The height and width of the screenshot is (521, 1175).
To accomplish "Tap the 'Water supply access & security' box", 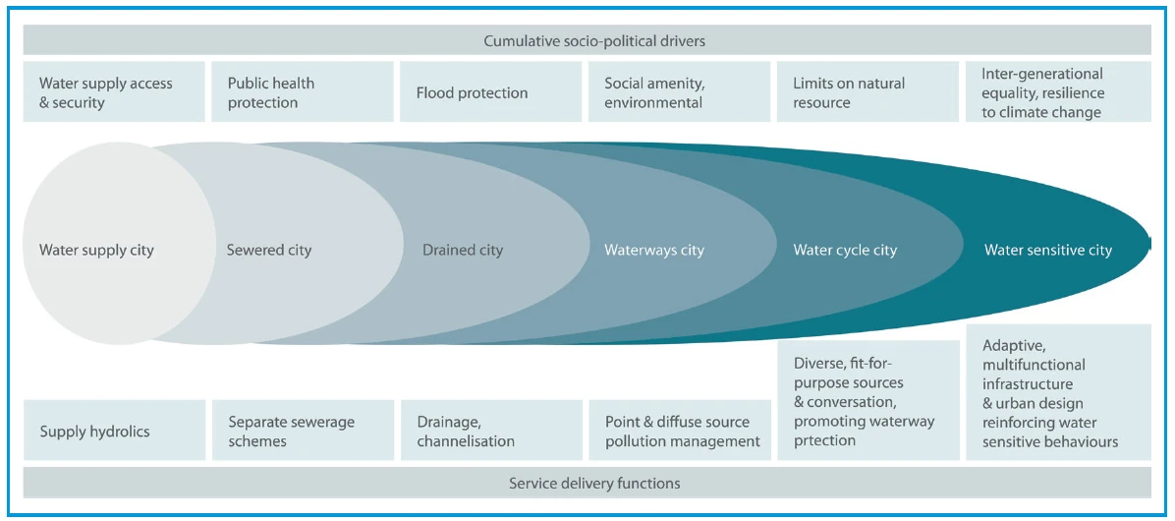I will (x=114, y=92).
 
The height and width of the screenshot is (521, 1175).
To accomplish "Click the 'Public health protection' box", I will (x=302, y=92).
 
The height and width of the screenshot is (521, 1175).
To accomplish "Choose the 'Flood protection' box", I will (x=491, y=92).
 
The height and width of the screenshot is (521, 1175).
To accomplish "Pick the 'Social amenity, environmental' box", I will (x=679, y=92).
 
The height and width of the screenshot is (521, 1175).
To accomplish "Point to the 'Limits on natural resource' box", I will (x=867, y=92).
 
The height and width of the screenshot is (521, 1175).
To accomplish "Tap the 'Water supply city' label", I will (x=96, y=250).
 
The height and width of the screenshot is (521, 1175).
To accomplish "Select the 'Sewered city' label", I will (x=268, y=250).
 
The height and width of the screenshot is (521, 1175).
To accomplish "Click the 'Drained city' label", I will (x=462, y=250).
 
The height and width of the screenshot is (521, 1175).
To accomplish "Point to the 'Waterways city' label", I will (x=653, y=250).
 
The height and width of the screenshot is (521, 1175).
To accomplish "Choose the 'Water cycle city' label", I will (x=845, y=250).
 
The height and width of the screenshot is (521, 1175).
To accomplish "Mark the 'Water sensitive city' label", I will (x=1047, y=250).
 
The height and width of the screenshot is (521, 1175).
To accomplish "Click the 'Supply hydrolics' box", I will (x=114, y=432).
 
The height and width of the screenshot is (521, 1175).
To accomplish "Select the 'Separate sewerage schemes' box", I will (x=302, y=432).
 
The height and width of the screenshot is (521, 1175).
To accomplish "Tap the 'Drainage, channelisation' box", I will (x=491, y=432).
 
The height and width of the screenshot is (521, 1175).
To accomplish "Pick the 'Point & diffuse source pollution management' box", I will (x=679, y=432).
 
